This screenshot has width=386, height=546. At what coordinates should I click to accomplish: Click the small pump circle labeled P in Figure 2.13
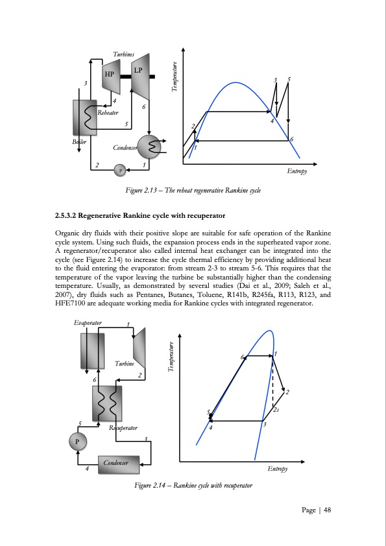(x=119, y=170)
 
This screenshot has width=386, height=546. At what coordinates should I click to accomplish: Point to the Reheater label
(x=108, y=113)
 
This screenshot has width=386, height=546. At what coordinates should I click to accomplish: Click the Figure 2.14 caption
(x=193, y=485)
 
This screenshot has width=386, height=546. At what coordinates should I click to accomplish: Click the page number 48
(x=327, y=510)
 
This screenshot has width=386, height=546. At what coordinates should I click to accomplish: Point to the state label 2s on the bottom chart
(x=276, y=410)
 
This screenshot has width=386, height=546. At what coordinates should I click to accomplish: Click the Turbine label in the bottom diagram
(x=125, y=364)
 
